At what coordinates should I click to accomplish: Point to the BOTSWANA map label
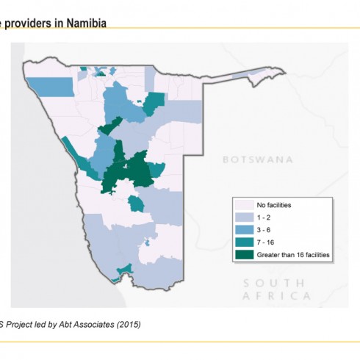coord(257,159)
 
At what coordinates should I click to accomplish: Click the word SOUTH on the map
coord(274,283)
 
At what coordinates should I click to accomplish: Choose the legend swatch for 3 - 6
coord(244,229)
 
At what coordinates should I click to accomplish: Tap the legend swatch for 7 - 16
coord(244,242)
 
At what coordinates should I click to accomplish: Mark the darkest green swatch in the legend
coord(244,255)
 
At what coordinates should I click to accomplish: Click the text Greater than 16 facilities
coord(293,255)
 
